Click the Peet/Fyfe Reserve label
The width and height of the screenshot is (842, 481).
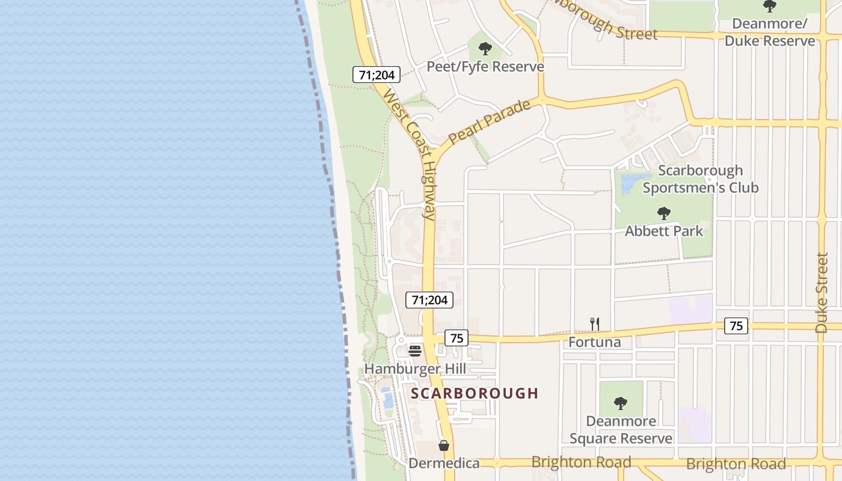coord(485,66)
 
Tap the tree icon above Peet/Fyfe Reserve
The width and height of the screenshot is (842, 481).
coord(485,49)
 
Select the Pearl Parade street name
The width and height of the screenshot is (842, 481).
coord(489,122)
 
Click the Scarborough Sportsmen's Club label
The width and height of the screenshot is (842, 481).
coord(700,179)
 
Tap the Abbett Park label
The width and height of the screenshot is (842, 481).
coord(663,231)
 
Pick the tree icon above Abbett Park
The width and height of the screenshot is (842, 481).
coord(663,213)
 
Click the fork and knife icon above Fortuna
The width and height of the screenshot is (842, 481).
coord(595,324)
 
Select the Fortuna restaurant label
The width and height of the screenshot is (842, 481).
coord(595,342)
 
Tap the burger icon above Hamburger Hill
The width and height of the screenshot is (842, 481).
coord(415,351)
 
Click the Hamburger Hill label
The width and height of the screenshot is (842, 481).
coord(415,369)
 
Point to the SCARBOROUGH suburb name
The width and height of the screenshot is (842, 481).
coord(475,393)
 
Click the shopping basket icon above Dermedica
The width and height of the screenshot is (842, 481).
coord(444,446)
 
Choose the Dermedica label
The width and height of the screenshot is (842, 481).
coord(444,463)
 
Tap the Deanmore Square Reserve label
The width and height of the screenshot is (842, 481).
coord(621,429)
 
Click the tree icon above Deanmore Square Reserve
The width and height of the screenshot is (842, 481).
coord(621,403)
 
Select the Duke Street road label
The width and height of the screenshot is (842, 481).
coord(822,292)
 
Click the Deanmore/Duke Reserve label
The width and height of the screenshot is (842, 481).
coord(769,32)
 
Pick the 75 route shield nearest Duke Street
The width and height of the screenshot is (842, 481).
coord(736,326)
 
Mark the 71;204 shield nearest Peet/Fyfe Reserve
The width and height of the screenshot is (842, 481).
coord(376,75)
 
